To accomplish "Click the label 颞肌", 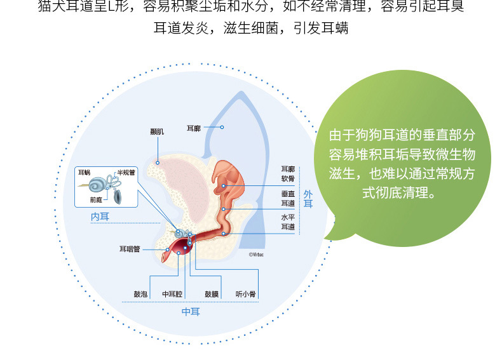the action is pos(157,131).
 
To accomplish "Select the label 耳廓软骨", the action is pos(288,174).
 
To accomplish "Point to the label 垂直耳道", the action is pos(288,198).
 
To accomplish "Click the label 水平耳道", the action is pos(288,222).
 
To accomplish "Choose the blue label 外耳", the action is pos(308,199).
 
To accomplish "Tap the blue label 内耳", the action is pos(100,217).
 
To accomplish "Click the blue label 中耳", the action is pos(191,312).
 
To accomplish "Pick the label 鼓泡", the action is pos(140,294).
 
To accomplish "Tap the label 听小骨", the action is pos(245,294).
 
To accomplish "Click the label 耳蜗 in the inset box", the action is pos(84,172).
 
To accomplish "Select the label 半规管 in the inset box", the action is pos(126,172).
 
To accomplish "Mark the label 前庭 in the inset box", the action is pos(96,198).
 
